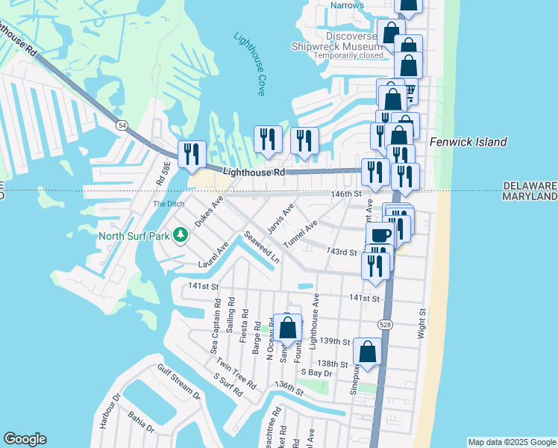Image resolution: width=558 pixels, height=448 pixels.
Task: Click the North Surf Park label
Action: (134, 237)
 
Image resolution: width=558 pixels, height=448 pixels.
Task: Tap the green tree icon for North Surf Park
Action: (180, 237)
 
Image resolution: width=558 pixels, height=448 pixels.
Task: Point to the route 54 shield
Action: (120, 125)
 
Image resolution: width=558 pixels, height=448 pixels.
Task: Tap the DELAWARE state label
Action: (530, 185)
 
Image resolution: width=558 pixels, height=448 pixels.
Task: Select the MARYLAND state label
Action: (530, 196)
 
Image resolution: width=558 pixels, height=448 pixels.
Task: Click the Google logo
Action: (25, 439)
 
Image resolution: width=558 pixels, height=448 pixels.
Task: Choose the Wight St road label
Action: (421, 324)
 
